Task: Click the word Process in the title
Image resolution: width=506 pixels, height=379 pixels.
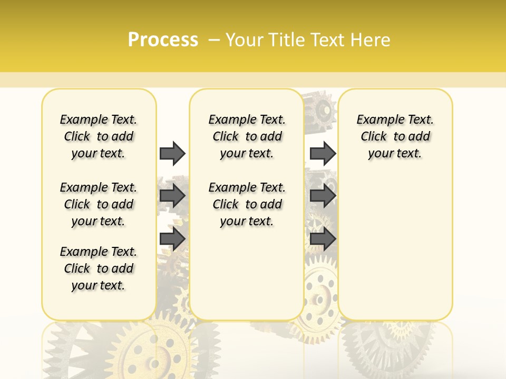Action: coord(163,40)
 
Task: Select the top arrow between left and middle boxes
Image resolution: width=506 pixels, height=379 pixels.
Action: coord(172,153)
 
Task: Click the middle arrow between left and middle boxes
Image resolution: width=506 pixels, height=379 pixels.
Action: coord(172,196)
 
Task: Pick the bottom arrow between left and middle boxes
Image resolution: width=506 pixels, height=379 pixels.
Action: coord(172,238)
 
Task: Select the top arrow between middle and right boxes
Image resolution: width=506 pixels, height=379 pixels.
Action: coord(323,153)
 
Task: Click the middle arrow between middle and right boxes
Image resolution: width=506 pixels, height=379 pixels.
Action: coord(323,196)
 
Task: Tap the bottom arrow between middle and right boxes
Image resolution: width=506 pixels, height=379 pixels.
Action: coord(323,238)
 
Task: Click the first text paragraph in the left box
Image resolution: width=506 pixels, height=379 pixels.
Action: coord(99,136)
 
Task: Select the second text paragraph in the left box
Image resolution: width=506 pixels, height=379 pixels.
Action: coord(99,204)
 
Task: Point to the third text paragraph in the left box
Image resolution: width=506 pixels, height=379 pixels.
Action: coord(99,268)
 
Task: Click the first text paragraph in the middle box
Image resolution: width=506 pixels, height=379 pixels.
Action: coord(247,136)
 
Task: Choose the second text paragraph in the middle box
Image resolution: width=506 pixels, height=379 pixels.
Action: coord(247,204)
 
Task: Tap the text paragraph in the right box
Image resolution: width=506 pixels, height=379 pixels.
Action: coord(395,136)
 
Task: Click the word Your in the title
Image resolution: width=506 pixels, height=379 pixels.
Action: coord(245,40)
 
